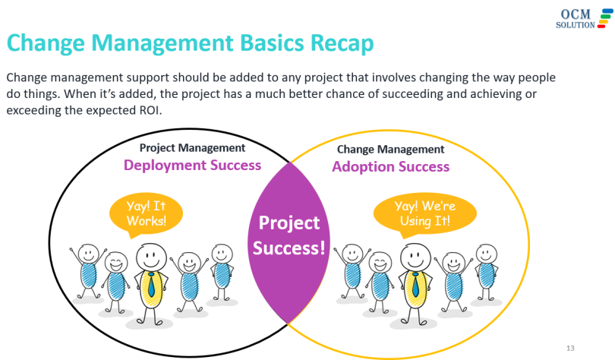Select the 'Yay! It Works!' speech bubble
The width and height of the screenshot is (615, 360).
[x=137, y=213]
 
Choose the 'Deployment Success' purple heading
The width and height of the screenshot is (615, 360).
[x=192, y=165]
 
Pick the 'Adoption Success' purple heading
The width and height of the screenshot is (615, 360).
[x=390, y=166]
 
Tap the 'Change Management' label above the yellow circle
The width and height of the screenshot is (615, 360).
[x=390, y=150]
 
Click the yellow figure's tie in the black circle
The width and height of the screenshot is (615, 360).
[x=153, y=284]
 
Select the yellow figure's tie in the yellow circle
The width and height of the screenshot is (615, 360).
[x=415, y=284]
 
